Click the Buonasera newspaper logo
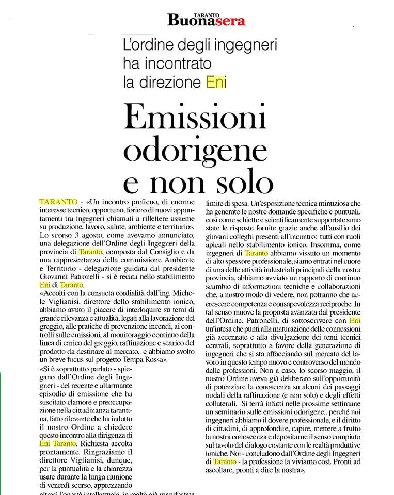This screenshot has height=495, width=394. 206,20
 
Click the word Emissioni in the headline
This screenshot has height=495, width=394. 196,120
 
